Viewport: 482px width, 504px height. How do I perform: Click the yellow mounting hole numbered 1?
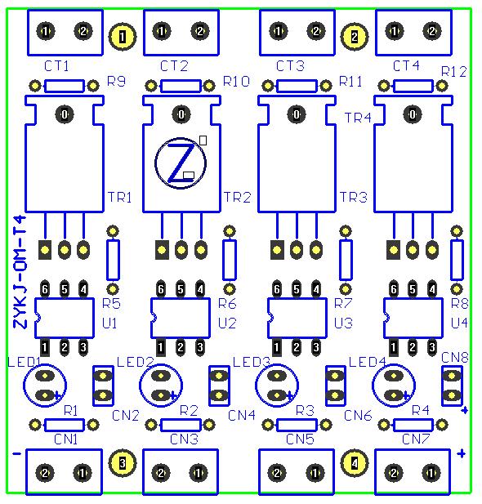[x=123, y=36]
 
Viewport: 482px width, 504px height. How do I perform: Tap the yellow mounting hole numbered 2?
[x=354, y=37]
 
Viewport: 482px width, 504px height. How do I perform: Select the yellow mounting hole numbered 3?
[x=123, y=463]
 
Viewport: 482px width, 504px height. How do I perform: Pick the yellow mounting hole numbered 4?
[x=354, y=463]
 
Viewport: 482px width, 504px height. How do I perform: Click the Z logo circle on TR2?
[x=155, y=163]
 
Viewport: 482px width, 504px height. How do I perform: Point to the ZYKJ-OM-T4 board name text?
[x=20, y=272]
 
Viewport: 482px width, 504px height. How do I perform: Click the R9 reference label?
[x=116, y=82]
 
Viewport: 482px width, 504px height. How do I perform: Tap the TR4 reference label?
[x=358, y=118]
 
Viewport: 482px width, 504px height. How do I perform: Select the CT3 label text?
[x=290, y=66]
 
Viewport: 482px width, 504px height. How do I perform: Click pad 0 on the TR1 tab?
[x=65, y=114]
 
